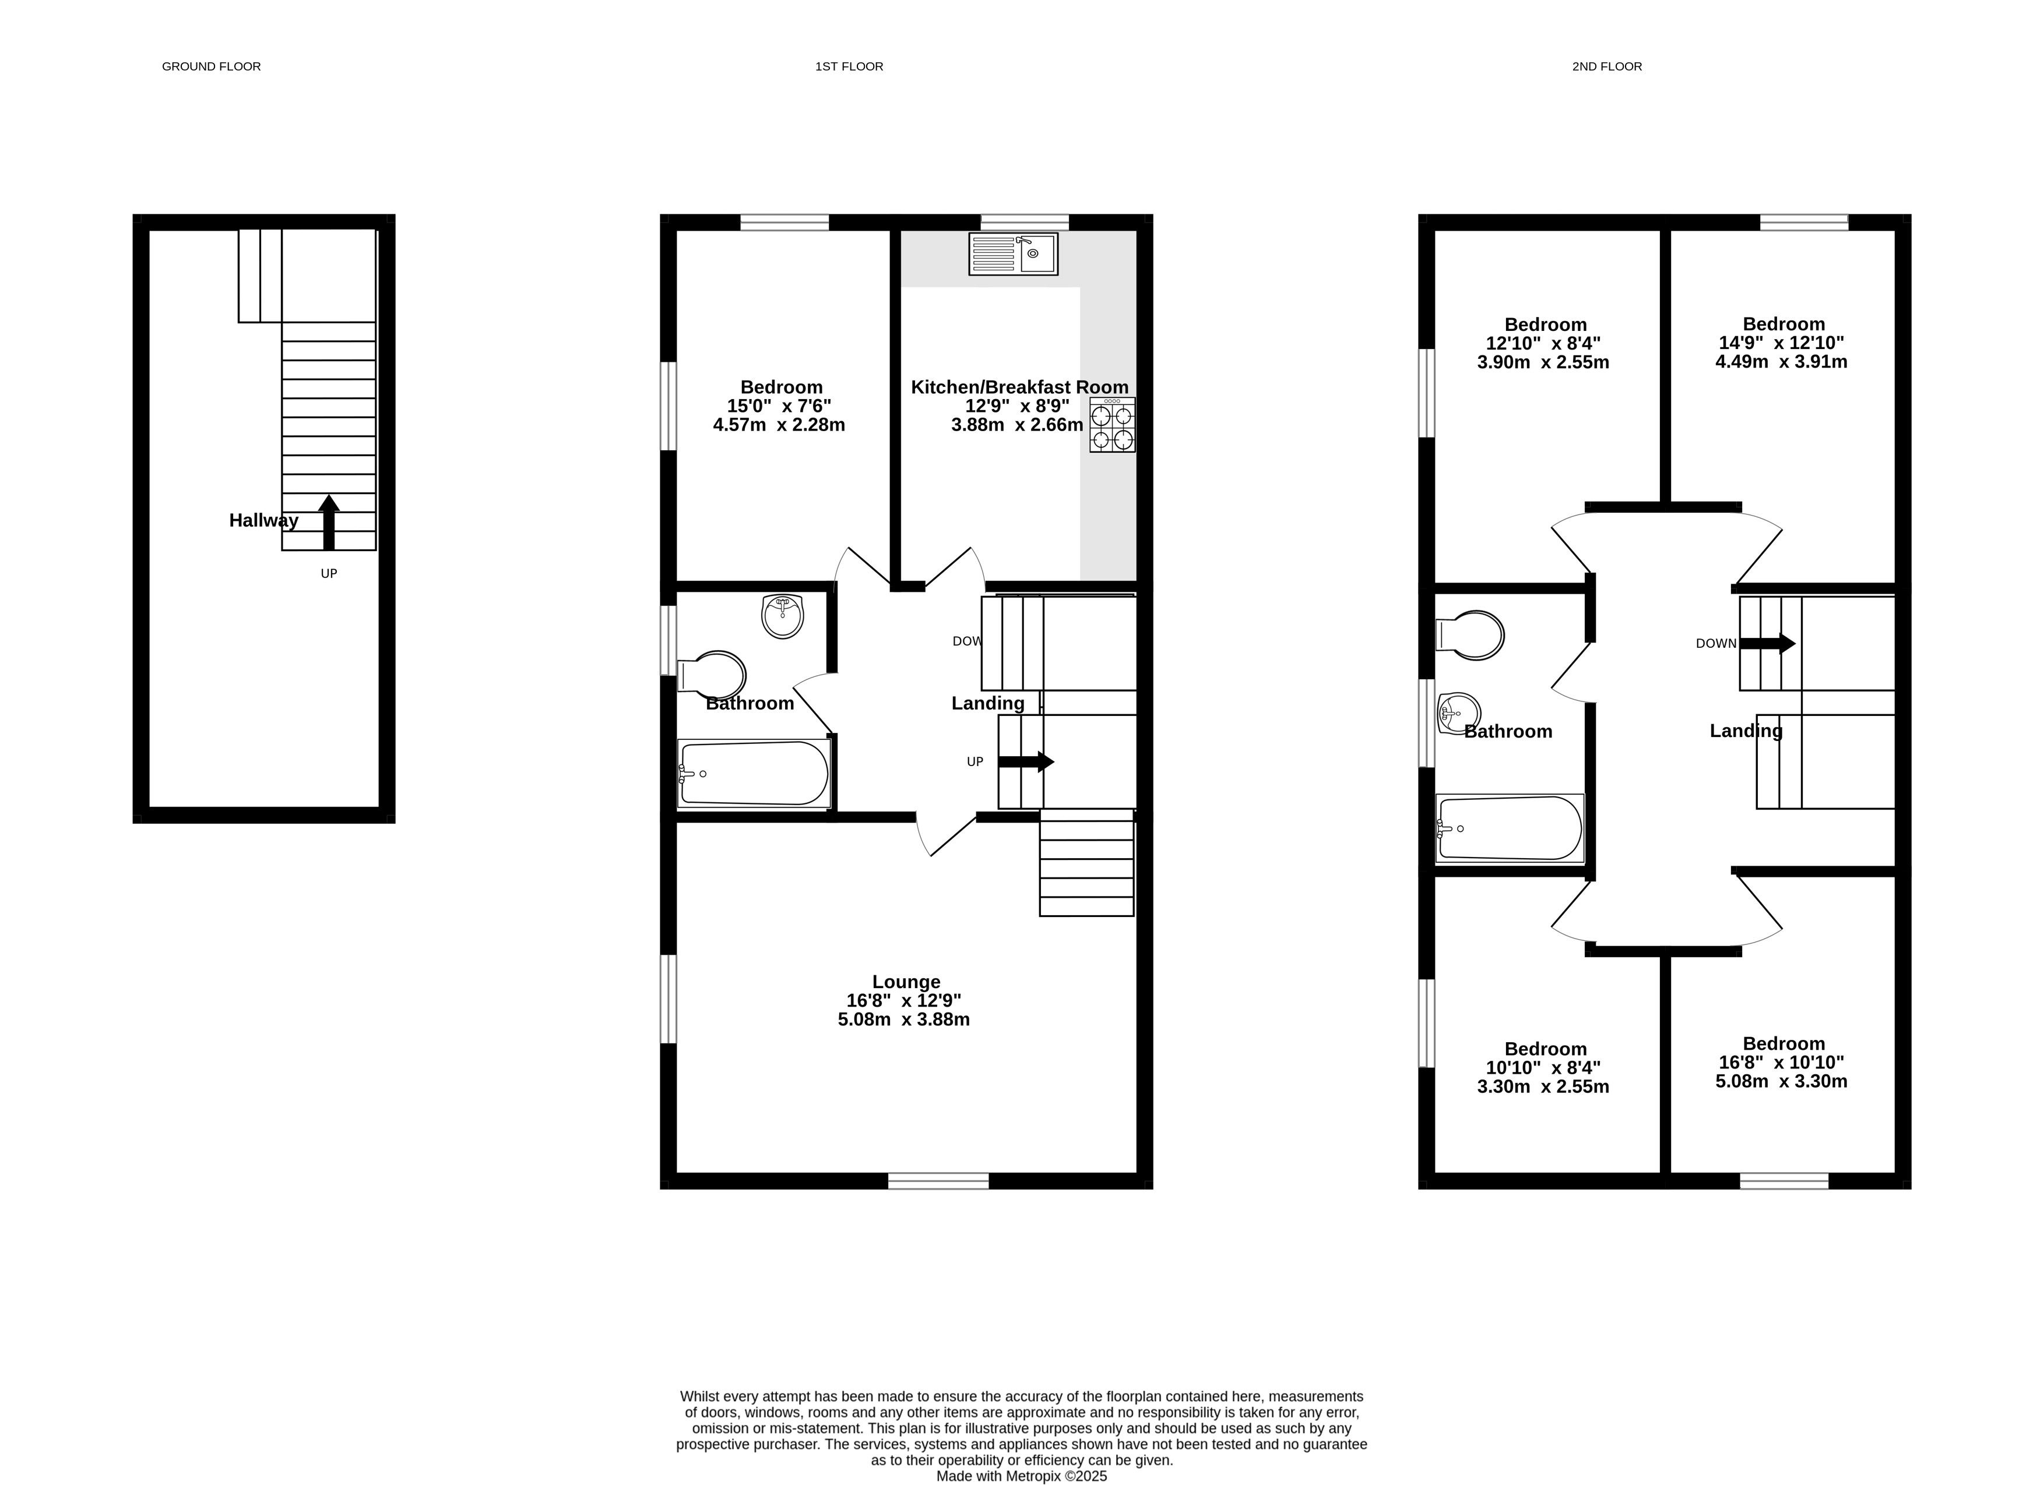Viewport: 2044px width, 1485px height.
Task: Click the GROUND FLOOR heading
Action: (x=211, y=66)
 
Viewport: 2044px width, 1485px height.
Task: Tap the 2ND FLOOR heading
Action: (x=1607, y=66)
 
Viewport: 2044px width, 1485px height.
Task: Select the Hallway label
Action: (x=263, y=520)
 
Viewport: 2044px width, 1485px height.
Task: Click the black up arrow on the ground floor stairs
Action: (x=329, y=522)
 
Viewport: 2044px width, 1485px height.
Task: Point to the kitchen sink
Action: (x=1013, y=254)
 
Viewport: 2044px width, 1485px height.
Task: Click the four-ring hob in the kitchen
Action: (x=1112, y=425)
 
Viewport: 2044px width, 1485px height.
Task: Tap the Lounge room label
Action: (x=906, y=981)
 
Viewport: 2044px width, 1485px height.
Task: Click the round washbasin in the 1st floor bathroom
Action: (x=782, y=616)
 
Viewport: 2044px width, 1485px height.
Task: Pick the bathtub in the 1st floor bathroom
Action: (x=754, y=773)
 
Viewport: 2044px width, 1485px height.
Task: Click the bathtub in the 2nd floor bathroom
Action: (x=1510, y=828)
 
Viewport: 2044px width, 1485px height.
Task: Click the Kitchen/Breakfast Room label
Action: (x=1019, y=387)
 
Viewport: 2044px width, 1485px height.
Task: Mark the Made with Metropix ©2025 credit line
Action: (x=1021, y=1476)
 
